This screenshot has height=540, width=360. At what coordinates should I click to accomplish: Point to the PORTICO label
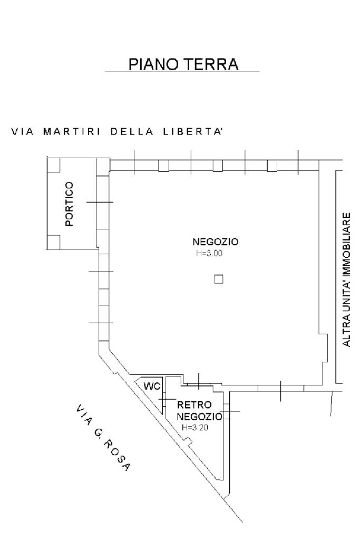[x=69, y=204]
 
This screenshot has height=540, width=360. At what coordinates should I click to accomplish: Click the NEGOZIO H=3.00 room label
[x=216, y=243]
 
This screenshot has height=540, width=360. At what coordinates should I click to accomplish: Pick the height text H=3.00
[x=209, y=253]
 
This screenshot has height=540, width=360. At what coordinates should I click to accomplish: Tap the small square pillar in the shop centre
[x=219, y=279]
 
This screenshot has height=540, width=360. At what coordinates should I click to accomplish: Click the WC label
[x=152, y=386]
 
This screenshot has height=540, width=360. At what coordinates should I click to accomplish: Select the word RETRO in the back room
[x=194, y=406]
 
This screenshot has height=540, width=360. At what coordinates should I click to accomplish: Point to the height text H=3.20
[x=196, y=428]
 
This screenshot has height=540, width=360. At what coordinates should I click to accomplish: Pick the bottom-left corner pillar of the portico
[x=53, y=242]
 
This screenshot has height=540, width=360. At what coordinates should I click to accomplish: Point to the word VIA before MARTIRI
[x=23, y=132]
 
